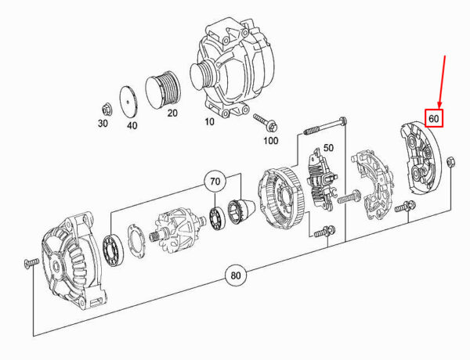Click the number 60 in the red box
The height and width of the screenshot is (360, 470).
coord(433,119)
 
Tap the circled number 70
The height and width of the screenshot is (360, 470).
coord(215,182)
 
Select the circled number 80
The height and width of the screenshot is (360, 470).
coord(236,275)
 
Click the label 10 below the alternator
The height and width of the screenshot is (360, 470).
coord(209,122)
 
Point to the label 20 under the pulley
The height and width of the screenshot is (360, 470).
coord(172,113)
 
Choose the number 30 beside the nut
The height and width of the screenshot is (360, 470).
coord(103,123)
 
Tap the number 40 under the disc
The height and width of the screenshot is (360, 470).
coord(132,125)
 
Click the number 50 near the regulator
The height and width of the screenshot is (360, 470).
coord(328,148)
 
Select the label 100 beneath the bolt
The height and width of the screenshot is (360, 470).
coord(271,140)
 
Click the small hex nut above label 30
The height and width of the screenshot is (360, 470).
coord(106,110)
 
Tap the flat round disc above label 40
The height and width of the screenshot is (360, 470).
coord(128,102)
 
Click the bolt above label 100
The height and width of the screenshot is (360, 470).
coord(266,122)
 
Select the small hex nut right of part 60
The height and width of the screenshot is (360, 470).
coord(450,162)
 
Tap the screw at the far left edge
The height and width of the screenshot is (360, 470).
coord(31,263)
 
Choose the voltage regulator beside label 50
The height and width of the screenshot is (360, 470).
coord(321,178)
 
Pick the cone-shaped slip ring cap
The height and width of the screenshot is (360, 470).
coord(241,211)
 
